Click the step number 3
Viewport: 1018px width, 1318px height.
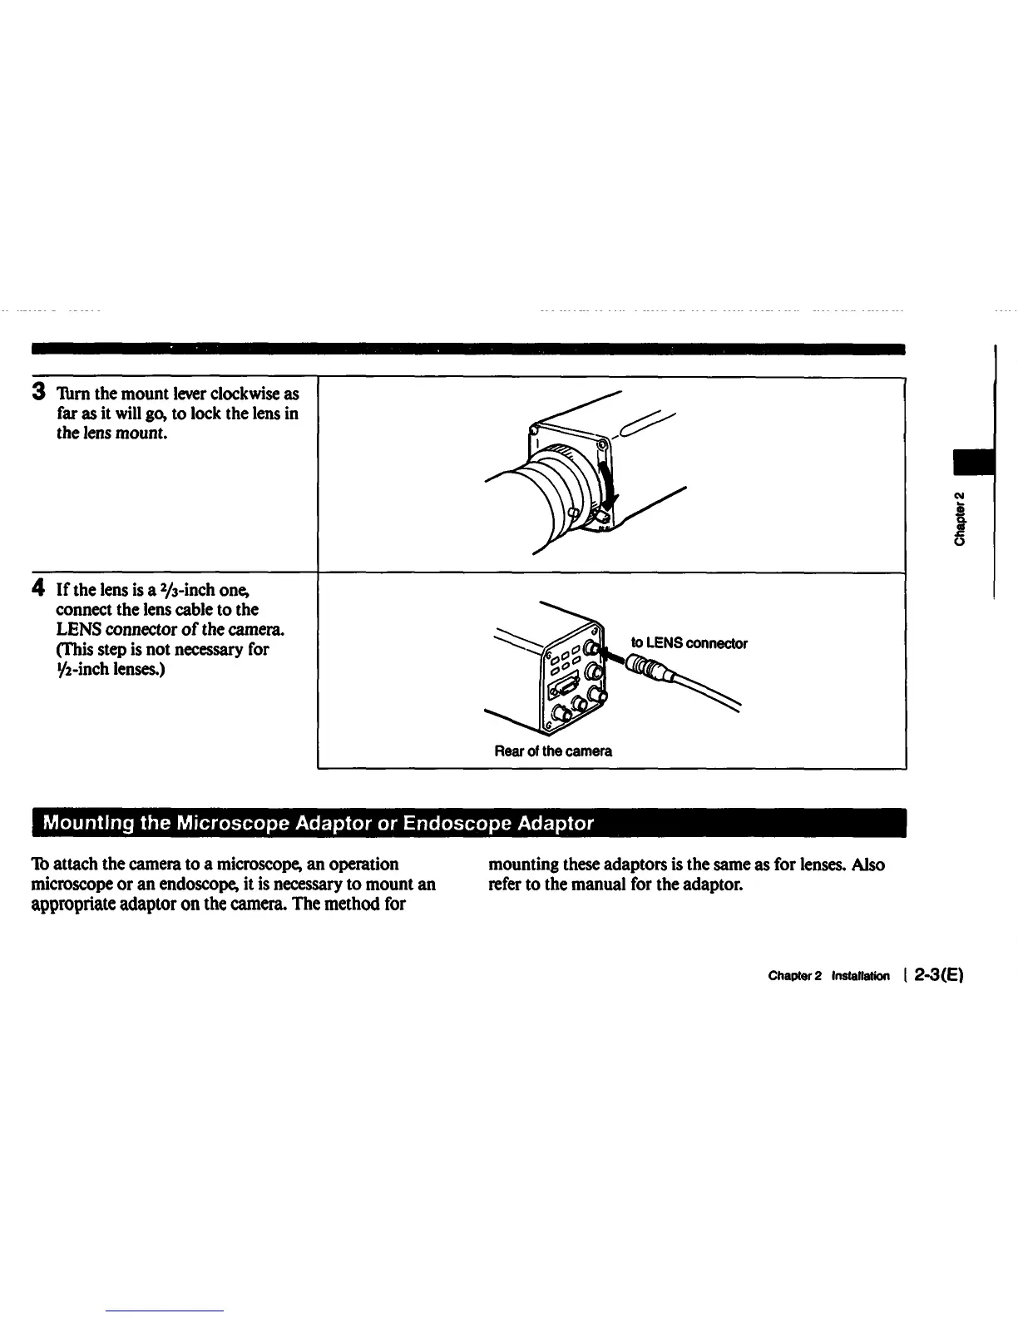[x=38, y=392]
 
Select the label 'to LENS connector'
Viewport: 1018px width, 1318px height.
[x=689, y=643]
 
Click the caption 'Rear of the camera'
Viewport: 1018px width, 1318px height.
[x=553, y=751]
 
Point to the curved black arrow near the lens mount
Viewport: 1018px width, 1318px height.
[x=609, y=482]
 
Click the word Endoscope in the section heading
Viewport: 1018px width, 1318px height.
[x=457, y=824]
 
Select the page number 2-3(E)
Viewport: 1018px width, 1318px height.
[x=937, y=975]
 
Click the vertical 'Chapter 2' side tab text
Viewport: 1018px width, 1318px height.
[x=961, y=519]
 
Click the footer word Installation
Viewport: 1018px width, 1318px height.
[x=860, y=976]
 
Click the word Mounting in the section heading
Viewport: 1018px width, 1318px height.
[x=89, y=824]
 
